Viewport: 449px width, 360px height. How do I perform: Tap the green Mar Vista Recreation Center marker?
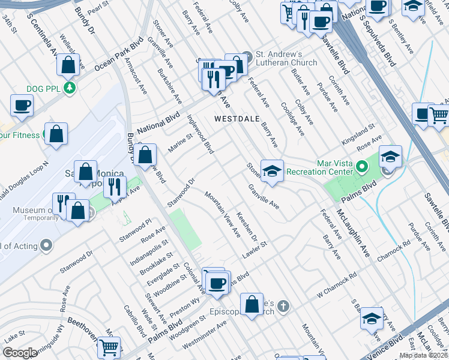(x=361, y=166)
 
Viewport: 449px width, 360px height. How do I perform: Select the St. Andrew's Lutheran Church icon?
(x=247, y=55)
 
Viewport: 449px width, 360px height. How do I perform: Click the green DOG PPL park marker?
(x=71, y=88)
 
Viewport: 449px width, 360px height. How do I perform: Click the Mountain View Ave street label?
(x=222, y=214)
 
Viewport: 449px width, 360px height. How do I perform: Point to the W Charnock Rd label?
(x=337, y=286)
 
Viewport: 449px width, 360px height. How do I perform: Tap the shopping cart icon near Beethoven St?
(x=109, y=346)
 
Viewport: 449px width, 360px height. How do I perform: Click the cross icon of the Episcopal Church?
(x=284, y=307)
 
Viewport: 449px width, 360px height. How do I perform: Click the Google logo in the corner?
(x=20, y=353)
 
